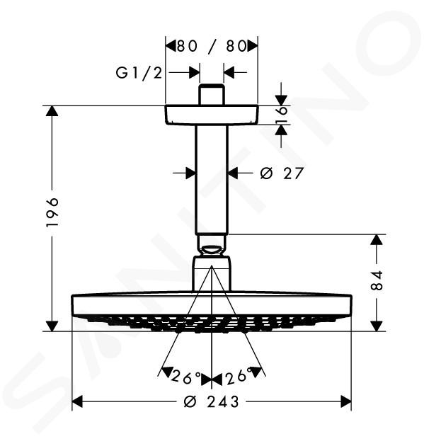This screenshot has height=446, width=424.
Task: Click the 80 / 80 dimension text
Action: point(212,46)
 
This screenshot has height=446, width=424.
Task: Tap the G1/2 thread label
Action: point(139,73)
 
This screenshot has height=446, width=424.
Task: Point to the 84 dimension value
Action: point(377,280)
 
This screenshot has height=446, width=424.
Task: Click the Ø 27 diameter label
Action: point(282,173)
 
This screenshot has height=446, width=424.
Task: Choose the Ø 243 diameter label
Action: point(211,402)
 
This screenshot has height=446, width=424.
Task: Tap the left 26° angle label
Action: point(186,377)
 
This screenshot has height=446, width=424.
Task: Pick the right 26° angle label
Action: point(239,376)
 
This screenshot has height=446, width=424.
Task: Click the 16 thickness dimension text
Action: point(282,115)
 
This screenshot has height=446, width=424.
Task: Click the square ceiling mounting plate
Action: point(212,115)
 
